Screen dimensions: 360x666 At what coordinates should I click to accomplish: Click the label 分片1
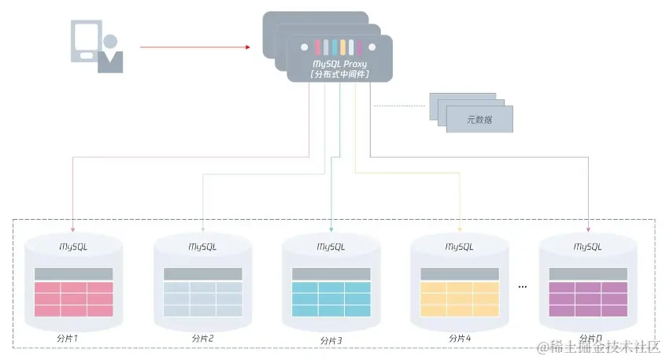coord(73,338)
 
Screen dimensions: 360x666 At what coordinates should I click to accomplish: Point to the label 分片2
coord(202,339)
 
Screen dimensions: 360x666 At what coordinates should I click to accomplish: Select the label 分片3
coord(331,340)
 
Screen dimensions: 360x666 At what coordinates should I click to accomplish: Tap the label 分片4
coord(460,339)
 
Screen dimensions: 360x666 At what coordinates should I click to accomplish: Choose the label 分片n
coord(588,339)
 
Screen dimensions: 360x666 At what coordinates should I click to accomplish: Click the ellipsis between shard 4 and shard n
coord(522,288)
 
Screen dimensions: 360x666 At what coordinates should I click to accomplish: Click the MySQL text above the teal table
coord(331,247)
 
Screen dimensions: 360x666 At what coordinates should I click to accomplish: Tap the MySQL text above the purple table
coord(588,247)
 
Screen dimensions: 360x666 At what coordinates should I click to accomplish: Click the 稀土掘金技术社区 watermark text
coord(598,347)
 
